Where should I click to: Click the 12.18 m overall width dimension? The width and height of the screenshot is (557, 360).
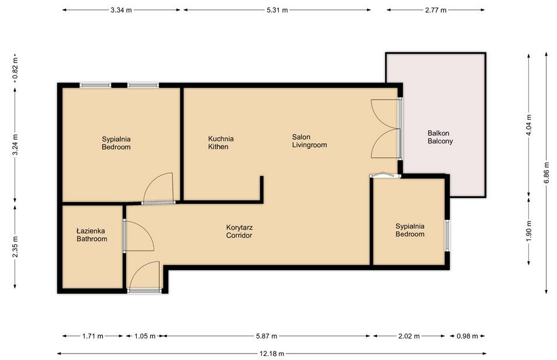272,354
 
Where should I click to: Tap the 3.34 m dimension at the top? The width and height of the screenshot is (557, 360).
122,10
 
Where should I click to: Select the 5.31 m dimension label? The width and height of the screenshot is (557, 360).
277,10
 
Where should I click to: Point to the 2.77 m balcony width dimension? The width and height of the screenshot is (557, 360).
435,10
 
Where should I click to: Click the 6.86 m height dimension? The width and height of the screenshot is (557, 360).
546,172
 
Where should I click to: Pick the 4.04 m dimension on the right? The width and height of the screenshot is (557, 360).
529,124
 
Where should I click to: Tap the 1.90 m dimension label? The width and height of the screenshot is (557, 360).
529,231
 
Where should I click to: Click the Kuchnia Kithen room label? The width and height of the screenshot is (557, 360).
220,143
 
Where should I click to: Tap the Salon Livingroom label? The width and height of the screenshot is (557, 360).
309,141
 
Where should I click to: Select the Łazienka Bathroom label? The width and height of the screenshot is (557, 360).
92,234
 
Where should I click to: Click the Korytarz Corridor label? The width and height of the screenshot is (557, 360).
239,231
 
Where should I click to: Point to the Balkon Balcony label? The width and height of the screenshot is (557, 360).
440,137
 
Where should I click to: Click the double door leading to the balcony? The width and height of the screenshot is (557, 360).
386,129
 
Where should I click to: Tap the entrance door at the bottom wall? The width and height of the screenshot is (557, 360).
144,278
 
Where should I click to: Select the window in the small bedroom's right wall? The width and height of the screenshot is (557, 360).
447,235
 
